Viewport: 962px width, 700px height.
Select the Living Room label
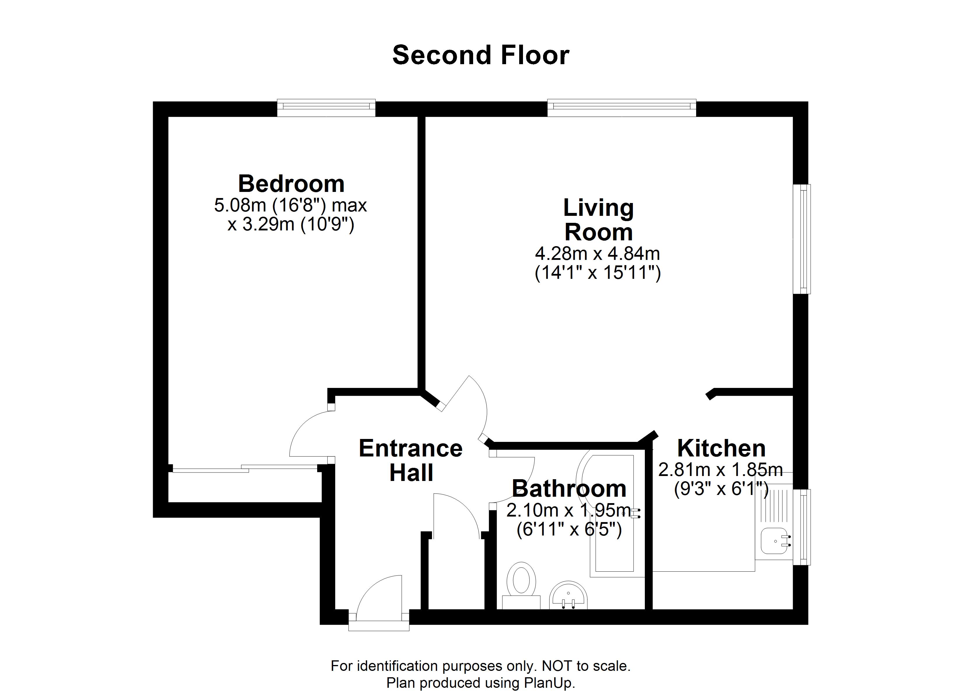598,220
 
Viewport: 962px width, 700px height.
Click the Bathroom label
569,489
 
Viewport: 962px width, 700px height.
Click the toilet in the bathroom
521,585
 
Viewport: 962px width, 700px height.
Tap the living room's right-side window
802,239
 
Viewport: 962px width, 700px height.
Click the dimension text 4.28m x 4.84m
598,254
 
